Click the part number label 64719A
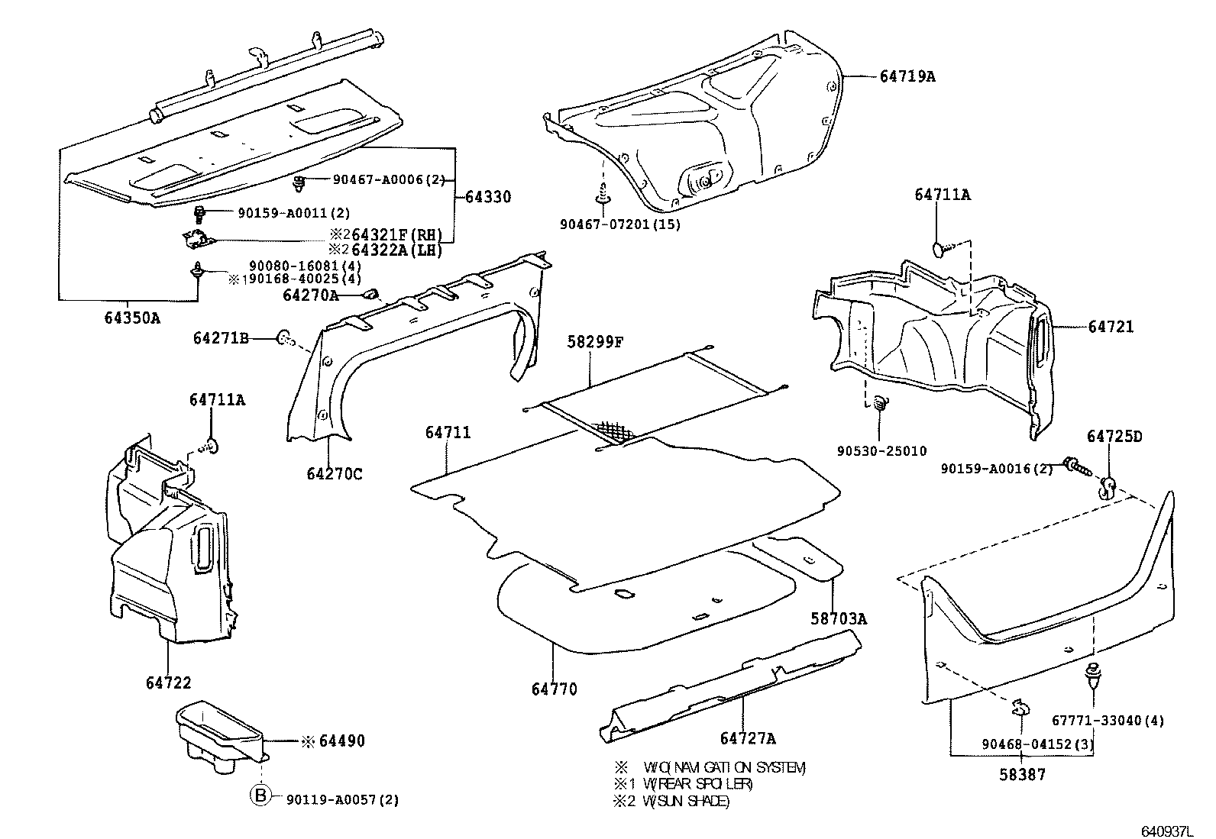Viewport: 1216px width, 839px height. pos(907,76)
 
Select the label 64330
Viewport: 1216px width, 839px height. pos(487,197)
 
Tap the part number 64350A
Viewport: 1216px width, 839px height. pos(132,318)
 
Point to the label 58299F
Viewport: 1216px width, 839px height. pos(595,342)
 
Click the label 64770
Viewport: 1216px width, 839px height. pos(555,689)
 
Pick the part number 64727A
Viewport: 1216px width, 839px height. pos(748,738)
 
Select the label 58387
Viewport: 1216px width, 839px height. pos(1023,774)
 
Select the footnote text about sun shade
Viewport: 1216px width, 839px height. pos(672,801)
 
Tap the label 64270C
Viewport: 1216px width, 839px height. pos(335,474)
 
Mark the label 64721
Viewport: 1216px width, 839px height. pos(1111,327)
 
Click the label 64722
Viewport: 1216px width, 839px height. pos(169,682)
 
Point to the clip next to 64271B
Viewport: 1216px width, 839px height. pos(283,337)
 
